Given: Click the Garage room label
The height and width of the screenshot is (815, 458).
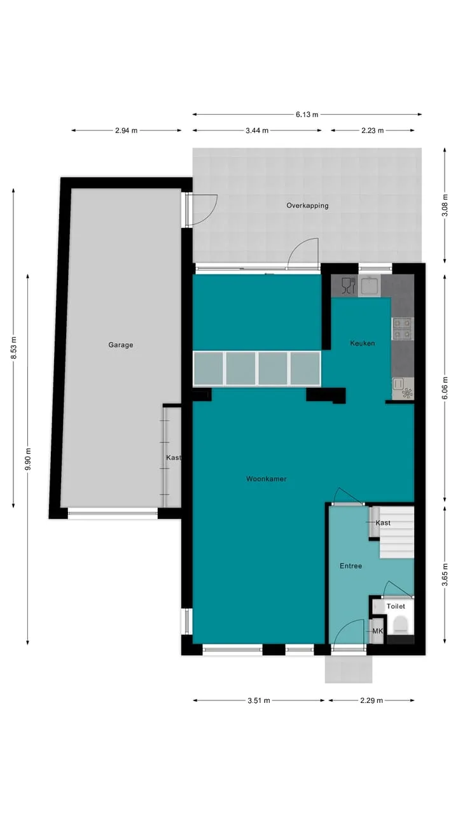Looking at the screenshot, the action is click(x=120, y=344).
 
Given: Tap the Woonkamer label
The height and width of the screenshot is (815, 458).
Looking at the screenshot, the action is click(x=266, y=479).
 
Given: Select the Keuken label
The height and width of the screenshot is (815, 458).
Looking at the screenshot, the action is click(x=362, y=343).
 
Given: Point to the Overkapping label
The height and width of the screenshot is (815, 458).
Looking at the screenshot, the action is click(x=307, y=206).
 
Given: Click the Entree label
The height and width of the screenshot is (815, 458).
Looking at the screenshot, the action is click(x=350, y=566).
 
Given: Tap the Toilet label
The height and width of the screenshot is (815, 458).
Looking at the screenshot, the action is click(x=396, y=606).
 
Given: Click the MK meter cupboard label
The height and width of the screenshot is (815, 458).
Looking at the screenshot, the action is click(x=377, y=631).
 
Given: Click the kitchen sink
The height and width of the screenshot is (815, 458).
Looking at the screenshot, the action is click(x=369, y=285).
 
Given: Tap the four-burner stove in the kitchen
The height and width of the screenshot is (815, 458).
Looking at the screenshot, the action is click(x=403, y=329).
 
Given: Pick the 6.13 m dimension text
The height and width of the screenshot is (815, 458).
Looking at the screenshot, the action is click(x=307, y=115).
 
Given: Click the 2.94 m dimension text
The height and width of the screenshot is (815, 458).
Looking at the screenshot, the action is click(x=126, y=131).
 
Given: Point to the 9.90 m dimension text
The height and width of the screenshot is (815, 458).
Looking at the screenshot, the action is click(x=28, y=459).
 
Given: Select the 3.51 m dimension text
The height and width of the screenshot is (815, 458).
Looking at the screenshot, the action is click(x=258, y=700).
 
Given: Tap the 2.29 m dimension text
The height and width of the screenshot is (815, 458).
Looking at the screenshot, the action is click(x=371, y=700).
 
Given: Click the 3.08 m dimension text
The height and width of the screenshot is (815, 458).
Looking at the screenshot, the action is click(x=445, y=205).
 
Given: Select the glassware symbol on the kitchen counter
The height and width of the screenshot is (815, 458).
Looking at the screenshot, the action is click(x=348, y=285).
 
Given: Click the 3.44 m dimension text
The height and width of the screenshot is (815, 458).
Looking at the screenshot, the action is click(x=257, y=131).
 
